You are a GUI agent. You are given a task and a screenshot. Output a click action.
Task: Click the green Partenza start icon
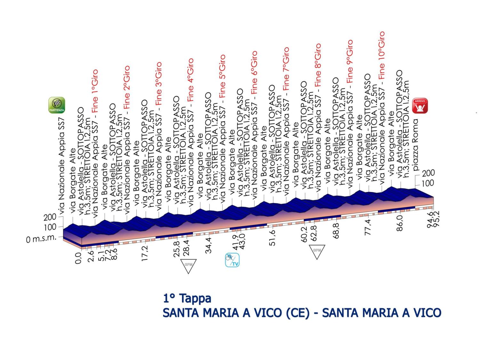tap(57, 105)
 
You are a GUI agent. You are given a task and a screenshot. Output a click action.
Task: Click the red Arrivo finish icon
tap(420, 106)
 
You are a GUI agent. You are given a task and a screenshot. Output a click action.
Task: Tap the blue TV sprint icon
tap(233, 260)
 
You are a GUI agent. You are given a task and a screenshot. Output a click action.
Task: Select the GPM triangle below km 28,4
tap(188, 265)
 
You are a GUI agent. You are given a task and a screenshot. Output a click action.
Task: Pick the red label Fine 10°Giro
tap(381, 55)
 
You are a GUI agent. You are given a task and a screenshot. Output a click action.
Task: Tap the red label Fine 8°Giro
tap(318, 65)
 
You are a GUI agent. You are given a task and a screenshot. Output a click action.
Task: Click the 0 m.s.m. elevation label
tap(42, 238)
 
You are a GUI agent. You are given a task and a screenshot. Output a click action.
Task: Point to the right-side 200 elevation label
tap(428, 173)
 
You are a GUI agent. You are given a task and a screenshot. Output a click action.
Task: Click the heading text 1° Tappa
tap(187, 298)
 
